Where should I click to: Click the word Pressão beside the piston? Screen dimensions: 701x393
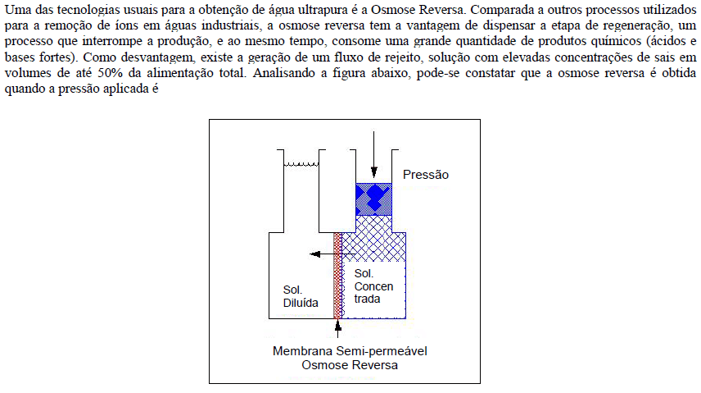(x=426, y=175)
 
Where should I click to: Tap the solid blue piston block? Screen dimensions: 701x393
(x=373, y=199)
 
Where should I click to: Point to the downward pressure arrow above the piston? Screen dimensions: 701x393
(x=373, y=154)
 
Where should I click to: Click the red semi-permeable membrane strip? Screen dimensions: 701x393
(x=337, y=276)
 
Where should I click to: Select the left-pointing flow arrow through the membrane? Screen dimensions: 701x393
(x=332, y=254)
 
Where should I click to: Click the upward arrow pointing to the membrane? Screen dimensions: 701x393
(x=338, y=328)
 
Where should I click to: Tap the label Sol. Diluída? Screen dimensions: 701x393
(x=301, y=297)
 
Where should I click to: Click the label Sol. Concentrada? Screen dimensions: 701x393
(x=373, y=286)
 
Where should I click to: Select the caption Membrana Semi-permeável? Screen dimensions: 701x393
(x=350, y=351)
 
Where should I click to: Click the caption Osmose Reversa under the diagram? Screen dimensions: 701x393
(x=350, y=365)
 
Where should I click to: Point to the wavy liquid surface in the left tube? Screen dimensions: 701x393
(x=301, y=165)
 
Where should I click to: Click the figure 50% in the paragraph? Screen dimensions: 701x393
(x=111, y=73)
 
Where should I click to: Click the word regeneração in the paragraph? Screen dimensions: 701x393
(x=637, y=25)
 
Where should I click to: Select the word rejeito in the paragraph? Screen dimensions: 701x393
(x=405, y=57)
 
